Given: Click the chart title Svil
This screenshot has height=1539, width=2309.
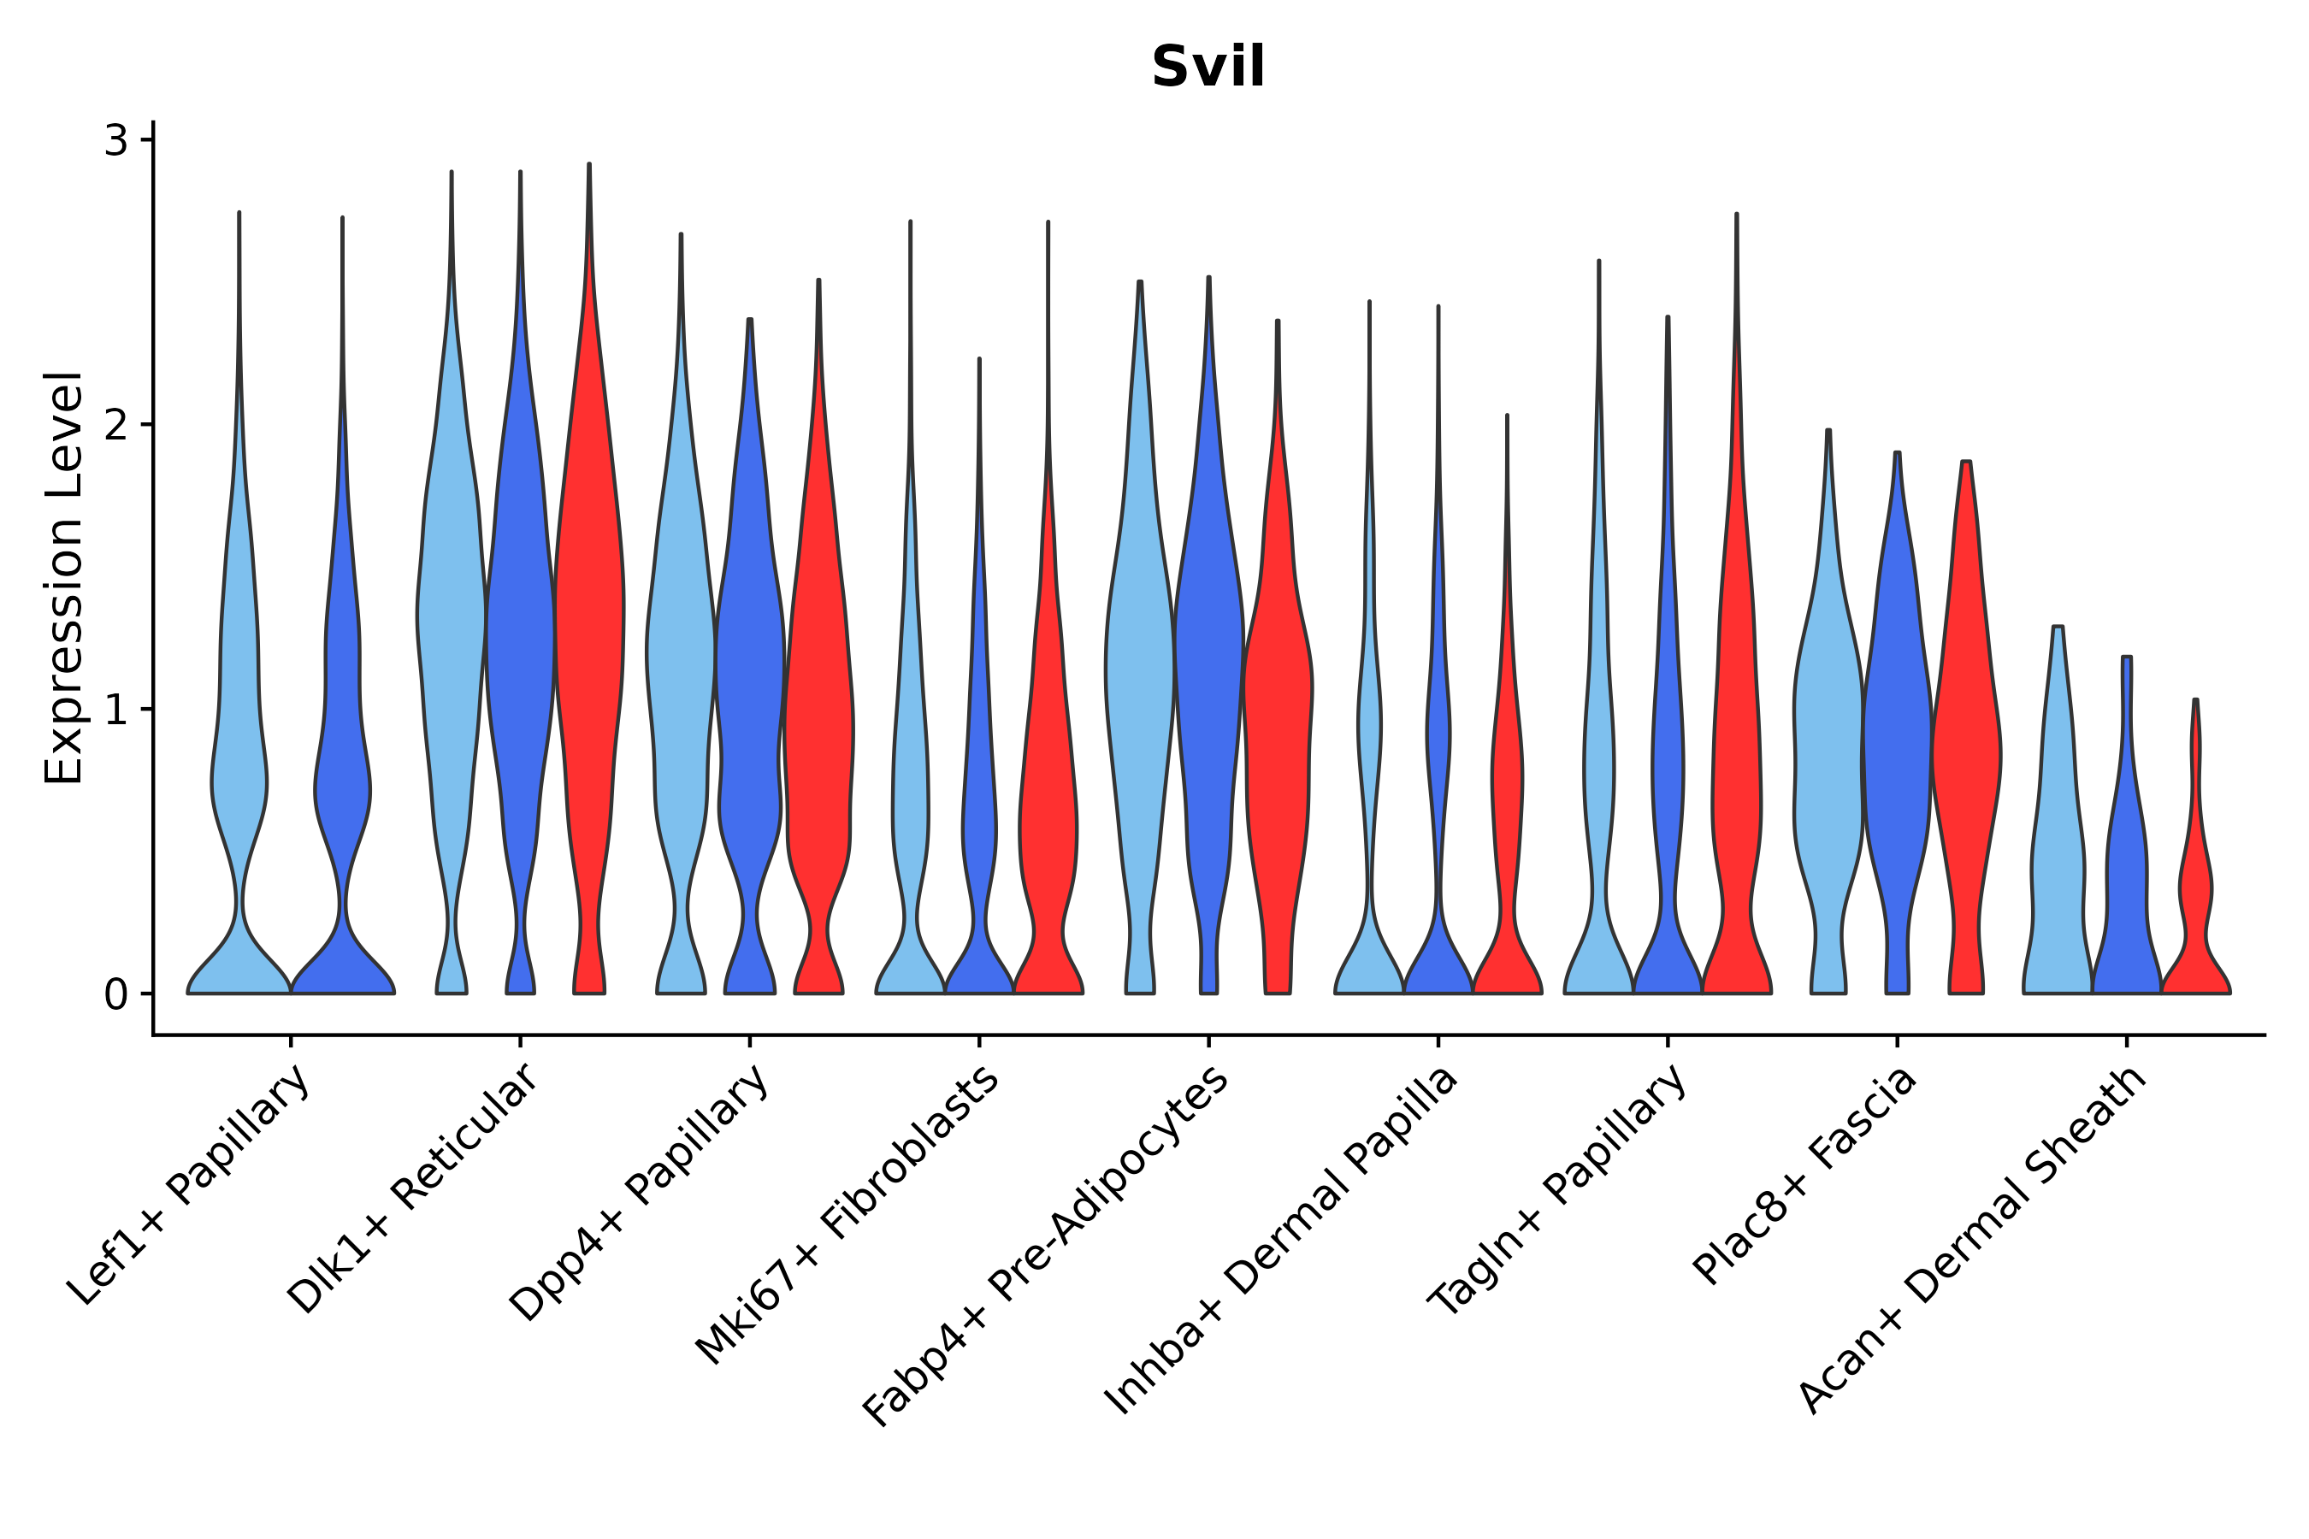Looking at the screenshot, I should (1208, 67).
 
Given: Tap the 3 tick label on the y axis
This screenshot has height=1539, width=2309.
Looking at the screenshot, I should (115, 141).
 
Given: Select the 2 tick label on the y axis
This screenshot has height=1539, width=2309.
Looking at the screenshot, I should (115, 425).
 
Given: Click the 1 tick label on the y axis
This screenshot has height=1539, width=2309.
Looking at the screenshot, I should (115, 710).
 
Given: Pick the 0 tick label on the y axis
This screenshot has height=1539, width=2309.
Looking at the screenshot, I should (115, 995).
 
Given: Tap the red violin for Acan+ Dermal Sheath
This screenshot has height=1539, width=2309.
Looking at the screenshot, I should (2195, 883).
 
